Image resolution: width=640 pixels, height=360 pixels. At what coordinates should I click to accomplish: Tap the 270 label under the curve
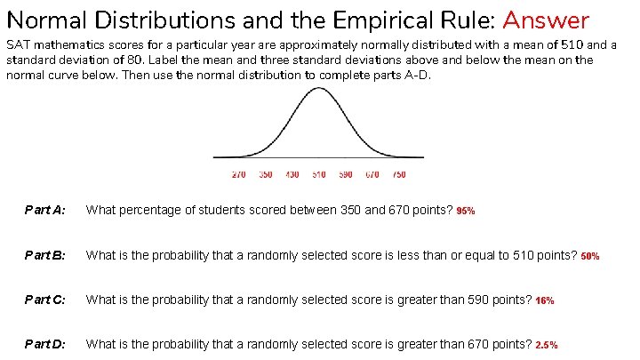239,175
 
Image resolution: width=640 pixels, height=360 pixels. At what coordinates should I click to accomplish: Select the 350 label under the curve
266,175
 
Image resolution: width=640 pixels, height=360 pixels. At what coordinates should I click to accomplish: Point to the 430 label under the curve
292,175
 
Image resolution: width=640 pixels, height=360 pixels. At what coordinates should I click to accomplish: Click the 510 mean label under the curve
319,175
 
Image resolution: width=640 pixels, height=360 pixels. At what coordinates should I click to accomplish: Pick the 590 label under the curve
346,175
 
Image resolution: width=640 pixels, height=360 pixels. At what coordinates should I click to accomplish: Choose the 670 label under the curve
372,175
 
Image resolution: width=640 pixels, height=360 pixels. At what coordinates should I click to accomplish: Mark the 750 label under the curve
399,175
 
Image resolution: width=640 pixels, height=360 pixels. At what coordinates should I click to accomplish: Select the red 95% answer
466,212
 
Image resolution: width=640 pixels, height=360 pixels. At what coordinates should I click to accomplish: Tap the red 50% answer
590,256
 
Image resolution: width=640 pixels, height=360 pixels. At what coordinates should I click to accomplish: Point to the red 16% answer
545,300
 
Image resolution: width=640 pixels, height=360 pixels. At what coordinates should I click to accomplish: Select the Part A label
44,211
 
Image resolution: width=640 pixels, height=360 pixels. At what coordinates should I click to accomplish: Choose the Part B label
44,255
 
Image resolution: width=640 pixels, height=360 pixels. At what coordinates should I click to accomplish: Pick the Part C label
44,300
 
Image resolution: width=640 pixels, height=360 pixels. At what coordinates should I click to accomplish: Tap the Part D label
44,344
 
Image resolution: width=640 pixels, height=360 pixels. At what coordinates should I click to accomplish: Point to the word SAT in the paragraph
17,45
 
